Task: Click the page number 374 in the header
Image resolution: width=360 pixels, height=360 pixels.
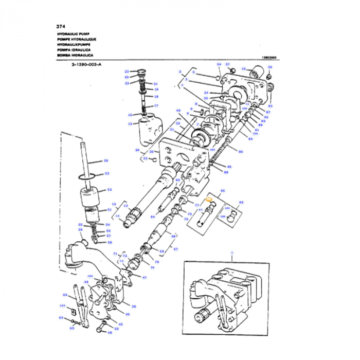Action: click(61, 26)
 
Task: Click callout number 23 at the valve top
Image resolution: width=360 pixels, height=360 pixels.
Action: click(127, 71)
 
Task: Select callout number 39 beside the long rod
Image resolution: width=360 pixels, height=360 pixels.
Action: click(106, 160)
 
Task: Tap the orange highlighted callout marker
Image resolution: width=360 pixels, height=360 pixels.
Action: click(209, 199)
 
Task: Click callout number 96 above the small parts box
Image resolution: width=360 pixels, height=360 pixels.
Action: click(223, 190)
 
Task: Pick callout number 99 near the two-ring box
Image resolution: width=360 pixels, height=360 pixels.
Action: click(241, 202)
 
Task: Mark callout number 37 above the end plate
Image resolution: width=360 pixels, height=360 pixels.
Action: click(227, 64)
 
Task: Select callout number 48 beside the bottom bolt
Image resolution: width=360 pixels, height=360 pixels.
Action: click(110, 332)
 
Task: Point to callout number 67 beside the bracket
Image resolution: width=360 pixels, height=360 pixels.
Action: click(175, 249)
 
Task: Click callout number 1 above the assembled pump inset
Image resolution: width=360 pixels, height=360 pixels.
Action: click(232, 253)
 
